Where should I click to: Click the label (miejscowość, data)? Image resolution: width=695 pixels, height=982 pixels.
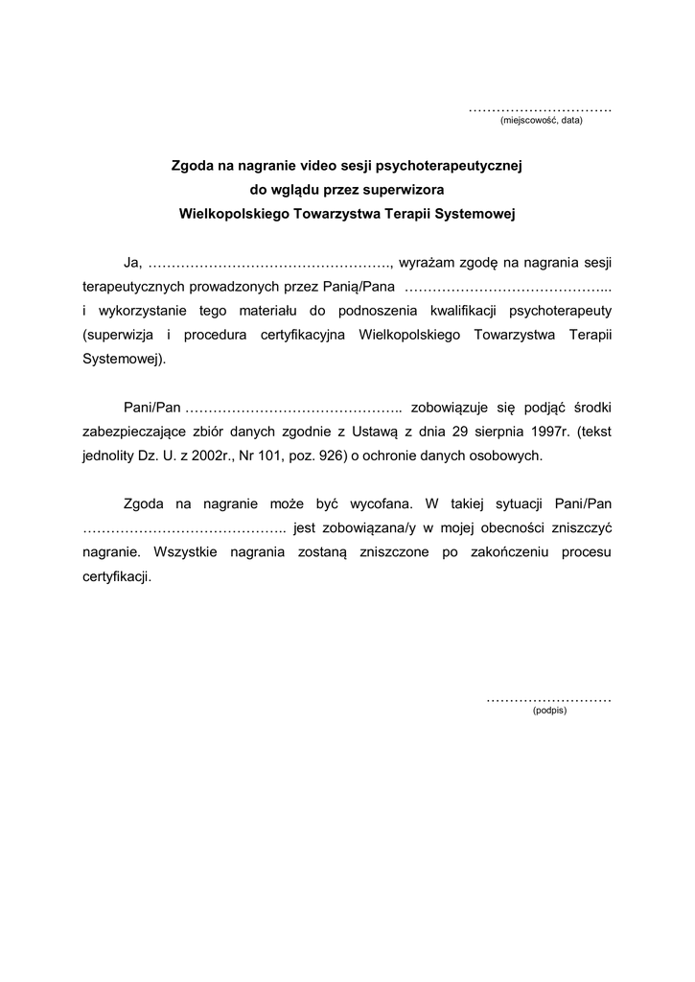pos(542,121)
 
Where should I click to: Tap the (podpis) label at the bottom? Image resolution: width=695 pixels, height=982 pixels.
pos(549,711)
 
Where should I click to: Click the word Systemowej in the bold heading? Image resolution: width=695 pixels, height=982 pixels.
pos(475,215)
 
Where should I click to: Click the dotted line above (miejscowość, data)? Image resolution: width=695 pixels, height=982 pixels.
pos(541,109)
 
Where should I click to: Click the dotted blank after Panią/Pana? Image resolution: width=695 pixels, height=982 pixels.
pos(508,287)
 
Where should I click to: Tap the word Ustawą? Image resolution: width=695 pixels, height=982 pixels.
pos(372,432)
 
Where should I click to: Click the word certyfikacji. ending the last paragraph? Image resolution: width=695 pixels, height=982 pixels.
pos(117,578)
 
